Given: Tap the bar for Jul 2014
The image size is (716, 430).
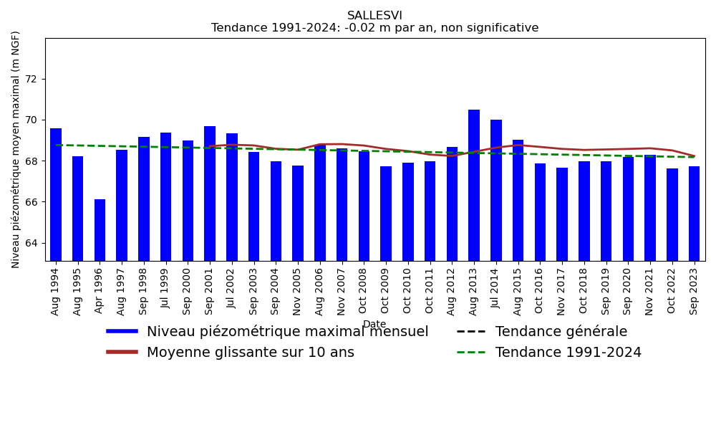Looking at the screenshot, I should pyautogui.click(x=496, y=190).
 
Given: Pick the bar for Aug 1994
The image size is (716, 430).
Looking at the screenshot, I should pyautogui.click(x=56, y=194).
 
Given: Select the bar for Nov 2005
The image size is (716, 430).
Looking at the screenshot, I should pyautogui.click(x=298, y=213).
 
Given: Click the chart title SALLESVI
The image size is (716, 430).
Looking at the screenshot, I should pyautogui.click(x=374, y=16).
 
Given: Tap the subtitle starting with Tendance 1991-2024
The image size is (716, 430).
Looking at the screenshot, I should pyautogui.click(x=374, y=28).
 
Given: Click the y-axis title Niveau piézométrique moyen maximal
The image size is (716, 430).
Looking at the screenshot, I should pyautogui.click(x=16, y=149).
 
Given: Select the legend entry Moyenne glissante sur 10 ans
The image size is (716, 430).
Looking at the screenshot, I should pyautogui.click(x=250, y=353).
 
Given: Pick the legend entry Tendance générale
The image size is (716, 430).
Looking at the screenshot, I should pyautogui.click(x=561, y=332).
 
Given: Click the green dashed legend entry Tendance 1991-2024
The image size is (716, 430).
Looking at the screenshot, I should pyautogui.click(x=568, y=353).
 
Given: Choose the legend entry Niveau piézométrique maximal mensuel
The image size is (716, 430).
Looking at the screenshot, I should pyautogui.click(x=287, y=332).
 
